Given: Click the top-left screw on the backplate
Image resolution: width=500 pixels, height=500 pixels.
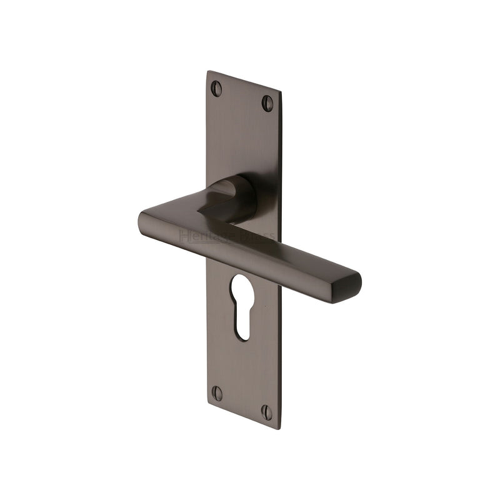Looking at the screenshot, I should [x=216, y=88].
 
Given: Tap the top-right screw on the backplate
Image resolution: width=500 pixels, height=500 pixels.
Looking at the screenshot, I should [x=267, y=102].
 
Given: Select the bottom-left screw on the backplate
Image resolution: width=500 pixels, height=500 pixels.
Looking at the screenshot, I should [x=217, y=393].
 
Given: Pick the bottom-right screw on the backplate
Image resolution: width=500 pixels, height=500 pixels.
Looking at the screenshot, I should [x=267, y=412].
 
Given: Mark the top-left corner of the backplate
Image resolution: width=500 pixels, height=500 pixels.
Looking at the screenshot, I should [x=207, y=72].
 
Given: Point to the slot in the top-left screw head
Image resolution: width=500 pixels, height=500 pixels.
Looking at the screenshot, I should [x=216, y=88].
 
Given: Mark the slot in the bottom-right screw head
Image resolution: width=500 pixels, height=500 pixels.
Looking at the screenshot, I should [x=267, y=412].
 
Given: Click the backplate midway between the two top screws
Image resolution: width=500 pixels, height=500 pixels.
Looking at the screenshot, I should [x=242, y=96].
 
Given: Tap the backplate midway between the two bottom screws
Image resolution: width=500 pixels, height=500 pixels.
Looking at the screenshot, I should [x=242, y=402].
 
